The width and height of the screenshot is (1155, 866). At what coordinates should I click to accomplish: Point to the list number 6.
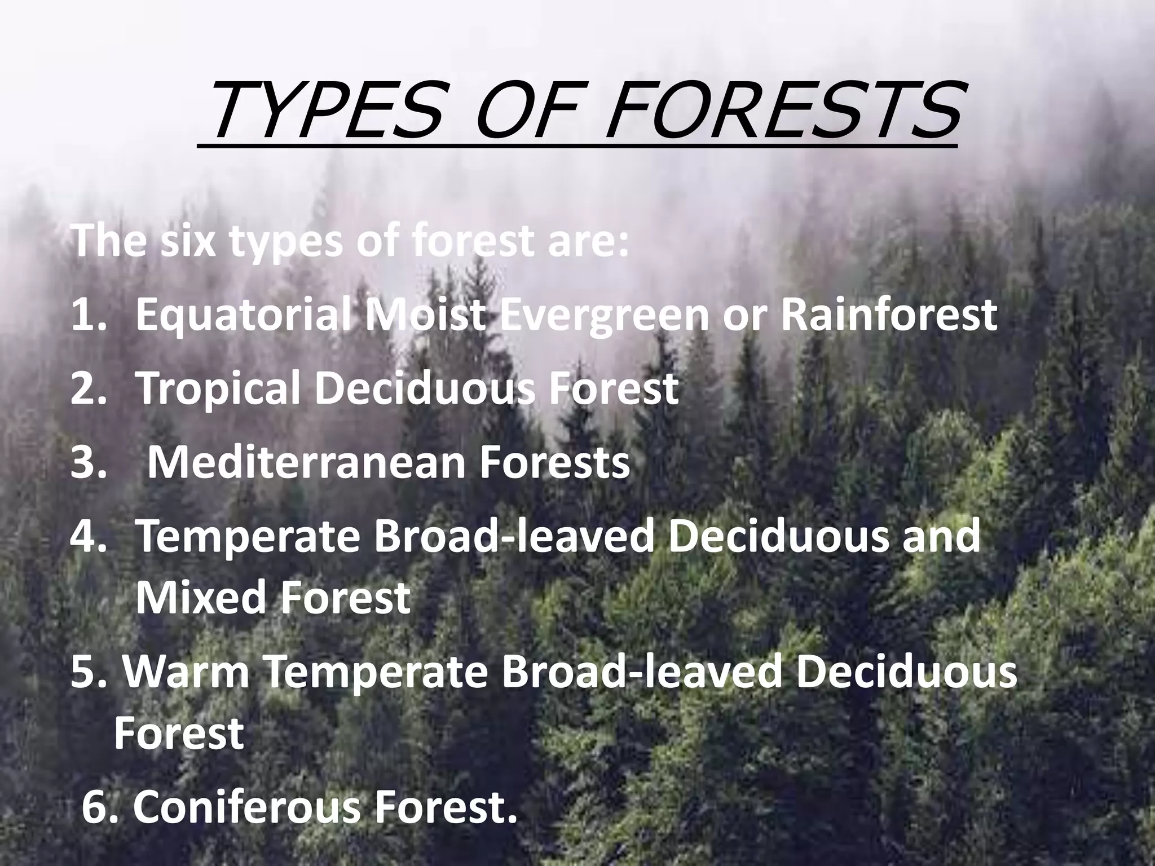click(99, 807)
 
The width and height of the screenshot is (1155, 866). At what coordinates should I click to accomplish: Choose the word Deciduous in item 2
click(424, 388)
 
